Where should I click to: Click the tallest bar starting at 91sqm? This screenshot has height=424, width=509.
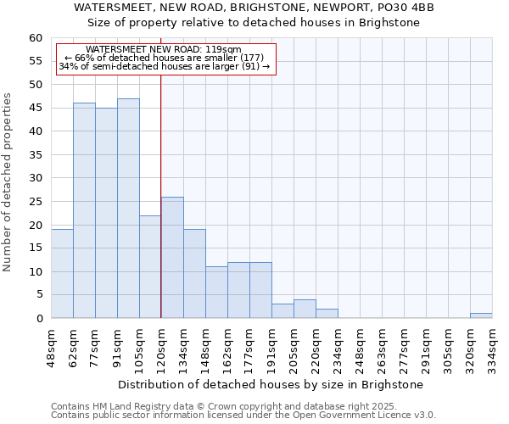(128, 209)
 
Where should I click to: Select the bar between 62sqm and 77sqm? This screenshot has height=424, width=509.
(84, 210)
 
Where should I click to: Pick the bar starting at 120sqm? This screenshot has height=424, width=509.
(172, 258)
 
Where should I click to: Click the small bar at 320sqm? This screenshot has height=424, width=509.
(481, 315)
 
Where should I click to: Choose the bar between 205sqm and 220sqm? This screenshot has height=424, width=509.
(305, 309)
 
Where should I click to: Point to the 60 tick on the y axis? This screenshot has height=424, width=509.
(35, 38)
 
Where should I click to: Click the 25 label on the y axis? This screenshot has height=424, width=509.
(35, 202)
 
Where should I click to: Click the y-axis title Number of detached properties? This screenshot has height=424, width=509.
(8, 182)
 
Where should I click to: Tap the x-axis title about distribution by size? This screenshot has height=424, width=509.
(270, 384)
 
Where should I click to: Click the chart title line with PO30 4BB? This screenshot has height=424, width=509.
(254, 7)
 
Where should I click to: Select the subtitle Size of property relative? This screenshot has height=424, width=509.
(254, 22)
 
